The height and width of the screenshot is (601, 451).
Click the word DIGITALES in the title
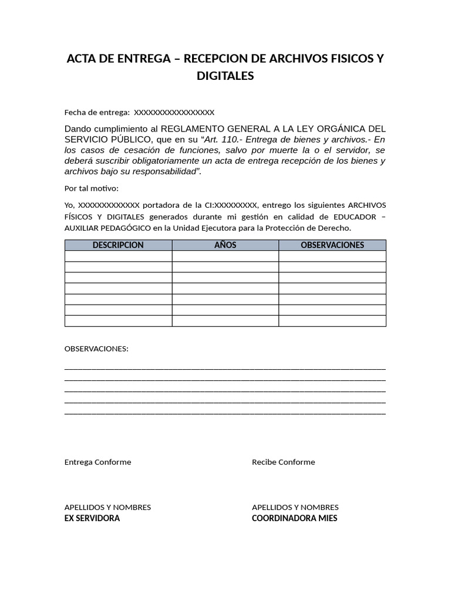point(225,76)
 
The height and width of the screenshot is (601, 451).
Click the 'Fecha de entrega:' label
point(97,112)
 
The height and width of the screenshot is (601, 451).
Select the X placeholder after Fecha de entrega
point(174,112)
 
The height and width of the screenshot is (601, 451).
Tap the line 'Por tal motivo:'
point(91,188)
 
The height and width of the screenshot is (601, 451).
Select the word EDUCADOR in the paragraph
point(354,217)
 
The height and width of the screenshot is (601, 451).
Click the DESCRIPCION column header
point(118,245)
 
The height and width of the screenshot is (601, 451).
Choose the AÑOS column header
point(225,245)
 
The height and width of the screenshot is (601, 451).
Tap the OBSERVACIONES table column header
point(332,245)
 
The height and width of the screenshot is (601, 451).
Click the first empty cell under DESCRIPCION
point(118,256)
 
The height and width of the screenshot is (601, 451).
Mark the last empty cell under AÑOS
point(225,321)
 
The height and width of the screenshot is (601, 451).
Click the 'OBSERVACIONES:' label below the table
point(96,349)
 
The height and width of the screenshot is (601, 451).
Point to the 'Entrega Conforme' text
point(97,462)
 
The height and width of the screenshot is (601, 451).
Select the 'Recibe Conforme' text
point(283,462)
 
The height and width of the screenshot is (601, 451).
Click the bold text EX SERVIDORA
point(92,518)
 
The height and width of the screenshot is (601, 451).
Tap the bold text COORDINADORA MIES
point(294,518)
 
